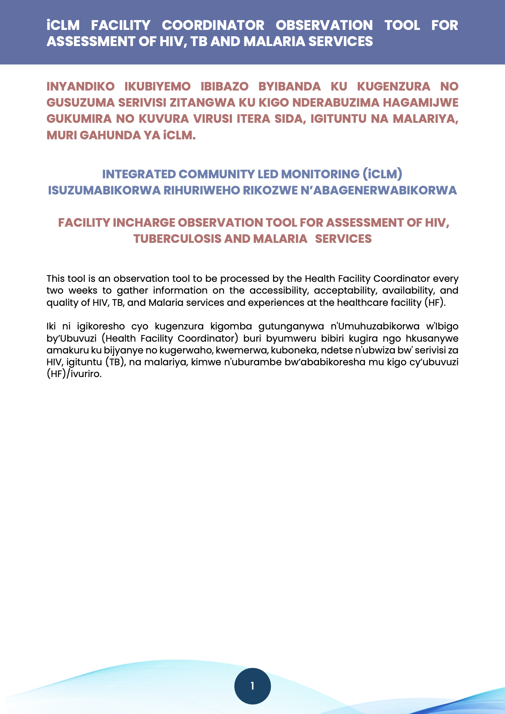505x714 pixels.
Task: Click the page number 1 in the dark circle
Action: (253, 686)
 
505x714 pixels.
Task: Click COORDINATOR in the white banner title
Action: (213, 25)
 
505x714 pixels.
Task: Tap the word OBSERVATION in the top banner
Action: (324, 25)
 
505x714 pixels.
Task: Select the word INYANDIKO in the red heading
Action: (80, 86)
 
